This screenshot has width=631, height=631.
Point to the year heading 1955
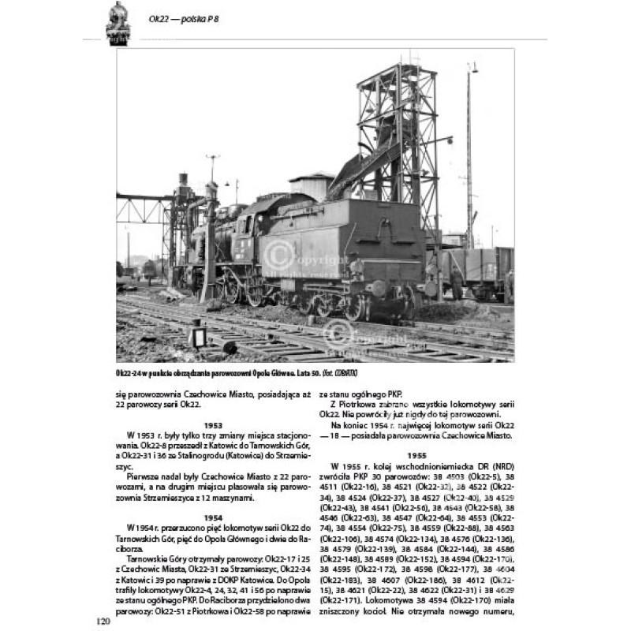(416, 455)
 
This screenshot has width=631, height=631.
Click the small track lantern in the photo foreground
(197, 334)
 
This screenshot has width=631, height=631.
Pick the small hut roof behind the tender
(311, 177)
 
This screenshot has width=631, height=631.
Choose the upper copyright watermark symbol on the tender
(275, 252)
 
